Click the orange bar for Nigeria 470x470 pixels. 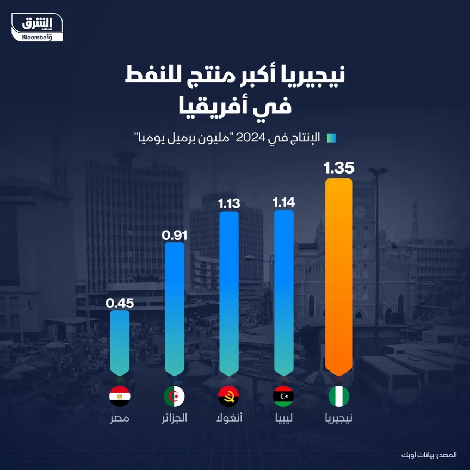point(338,277)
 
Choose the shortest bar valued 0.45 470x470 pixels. point(120,343)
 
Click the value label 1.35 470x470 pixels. point(338,167)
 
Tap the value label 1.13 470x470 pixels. point(229,203)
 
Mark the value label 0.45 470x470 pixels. point(120,303)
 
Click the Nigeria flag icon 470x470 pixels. point(338,397)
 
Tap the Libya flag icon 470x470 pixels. point(284,397)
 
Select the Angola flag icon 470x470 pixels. point(229,397)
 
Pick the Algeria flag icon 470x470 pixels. point(174,397)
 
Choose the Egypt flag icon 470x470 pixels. point(120,397)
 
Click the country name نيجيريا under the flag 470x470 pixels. point(338,418)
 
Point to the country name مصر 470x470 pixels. point(120,418)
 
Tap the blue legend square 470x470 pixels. point(331,138)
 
